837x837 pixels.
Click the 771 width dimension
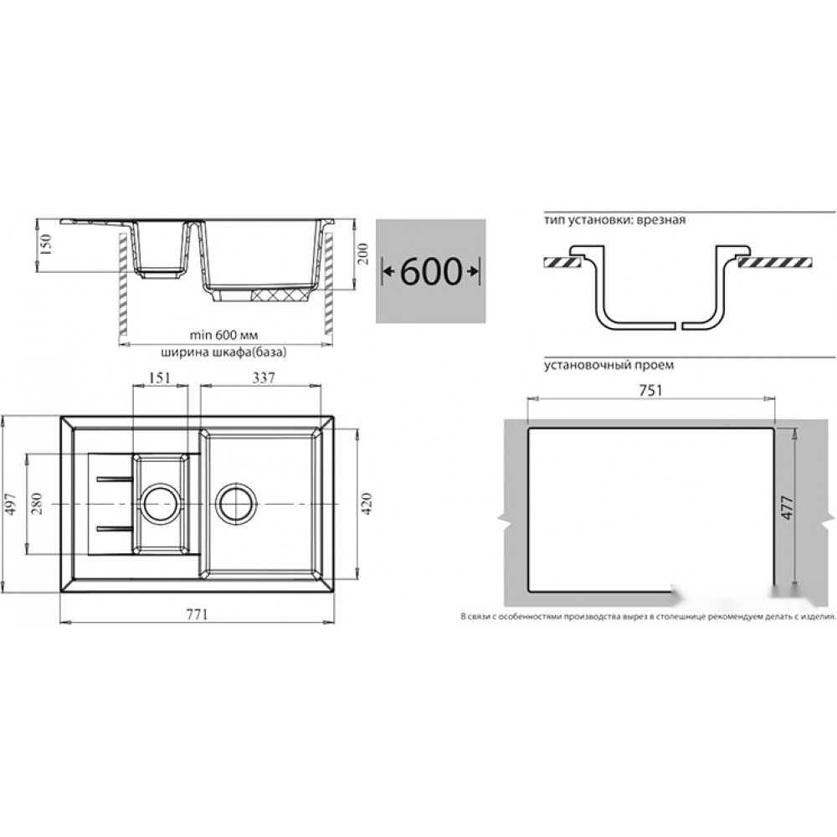(197, 614)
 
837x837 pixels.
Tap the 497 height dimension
(12, 504)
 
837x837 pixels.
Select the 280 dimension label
(37, 504)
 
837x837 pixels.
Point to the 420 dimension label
(367, 503)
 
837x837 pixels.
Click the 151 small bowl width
(160, 378)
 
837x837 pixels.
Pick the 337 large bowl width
(264, 378)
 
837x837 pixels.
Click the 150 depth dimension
(45, 245)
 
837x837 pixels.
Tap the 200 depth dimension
(362, 254)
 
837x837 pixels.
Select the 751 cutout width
(650, 391)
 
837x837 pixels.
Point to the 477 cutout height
(788, 508)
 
